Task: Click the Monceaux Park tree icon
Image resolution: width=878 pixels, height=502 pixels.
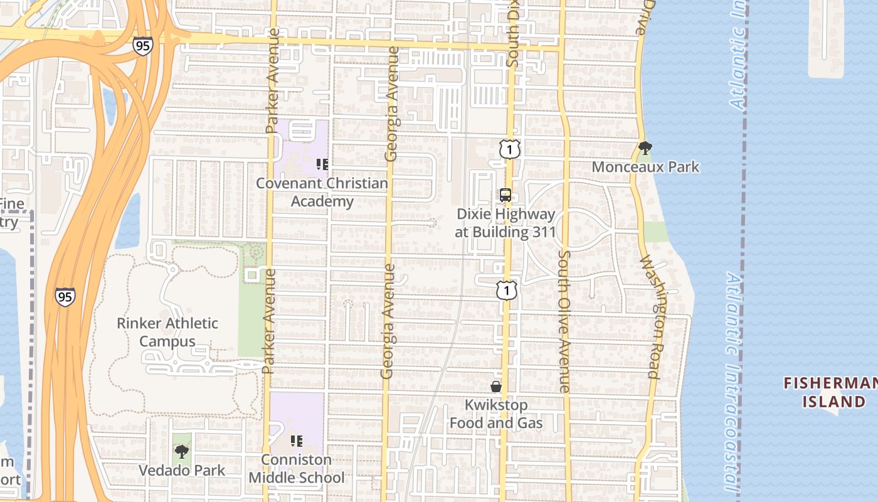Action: [645, 148]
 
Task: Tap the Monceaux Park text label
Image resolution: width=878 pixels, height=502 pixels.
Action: [645, 167]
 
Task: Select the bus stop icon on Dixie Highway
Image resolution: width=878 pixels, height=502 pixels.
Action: [505, 195]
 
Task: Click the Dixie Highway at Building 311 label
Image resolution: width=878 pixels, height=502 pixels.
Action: [505, 223]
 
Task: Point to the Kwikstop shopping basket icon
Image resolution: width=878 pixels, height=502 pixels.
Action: [495, 387]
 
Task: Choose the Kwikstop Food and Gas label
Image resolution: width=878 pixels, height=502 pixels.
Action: [496, 414]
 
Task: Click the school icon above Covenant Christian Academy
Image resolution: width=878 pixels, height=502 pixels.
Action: [322, 165]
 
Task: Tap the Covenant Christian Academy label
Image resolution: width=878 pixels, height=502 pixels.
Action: [322, 193]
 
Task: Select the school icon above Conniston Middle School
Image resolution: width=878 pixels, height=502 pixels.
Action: [297, 441]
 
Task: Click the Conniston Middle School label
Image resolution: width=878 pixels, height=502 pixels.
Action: [297, 469]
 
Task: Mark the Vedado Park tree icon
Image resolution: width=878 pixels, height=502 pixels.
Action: [182, 451]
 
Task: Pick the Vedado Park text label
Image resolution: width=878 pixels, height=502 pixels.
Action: [182, 470]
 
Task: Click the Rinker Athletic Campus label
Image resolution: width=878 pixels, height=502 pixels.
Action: [167, 333]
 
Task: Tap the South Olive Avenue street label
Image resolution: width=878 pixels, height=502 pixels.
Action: [564, 321]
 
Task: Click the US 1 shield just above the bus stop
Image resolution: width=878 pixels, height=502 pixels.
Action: [510, 149]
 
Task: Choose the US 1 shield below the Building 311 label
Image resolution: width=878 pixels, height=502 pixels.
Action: [506, 290]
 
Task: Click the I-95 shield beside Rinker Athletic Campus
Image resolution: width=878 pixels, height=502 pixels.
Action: [65, 297]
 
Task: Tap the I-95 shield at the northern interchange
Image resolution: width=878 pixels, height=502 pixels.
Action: [142, 46]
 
